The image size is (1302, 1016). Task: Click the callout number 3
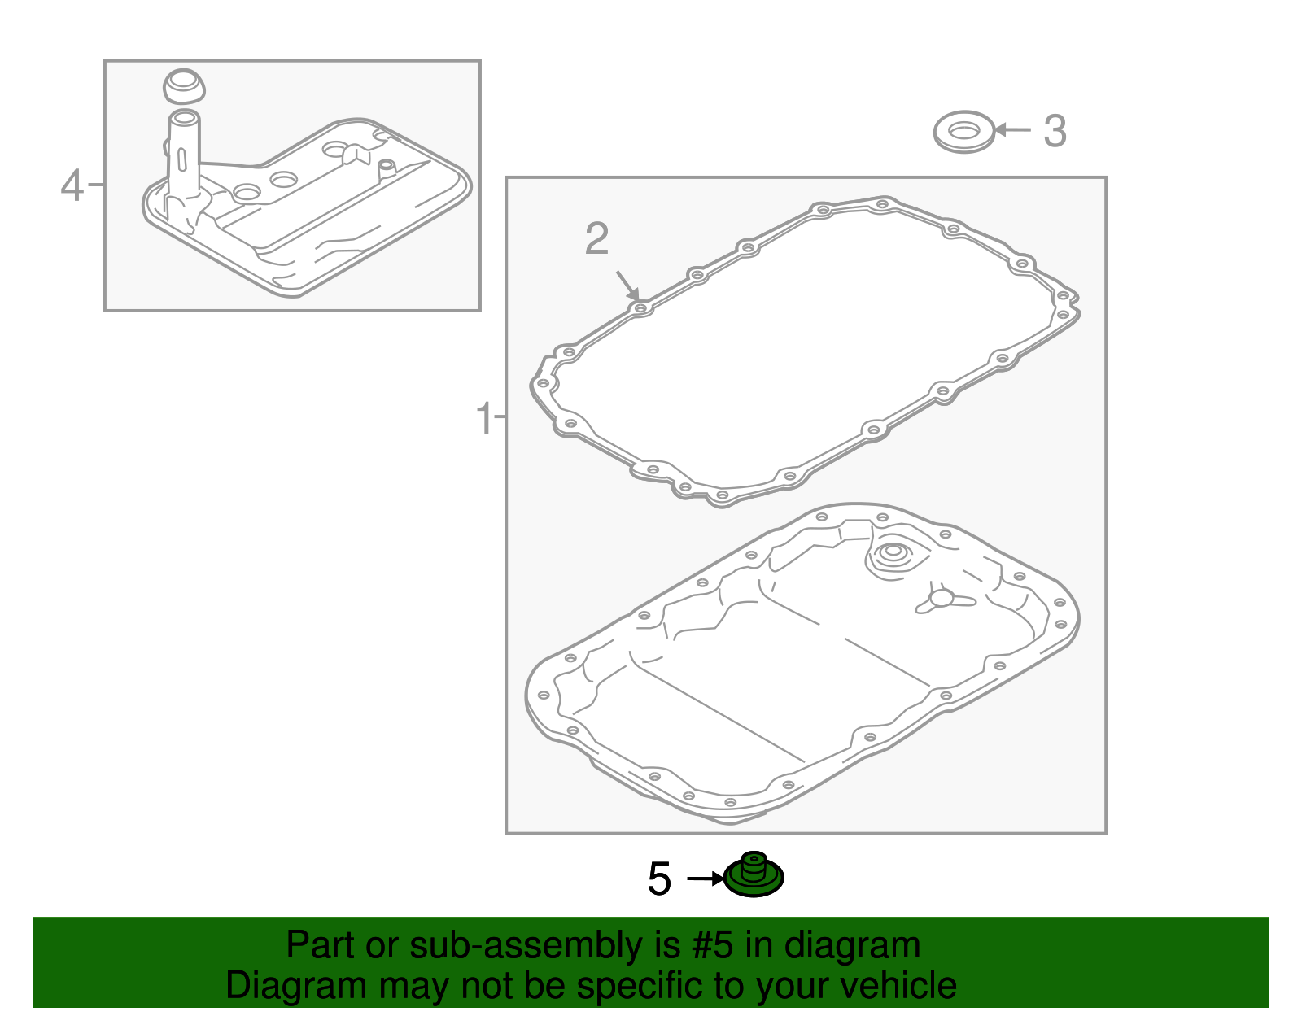[1055, 131]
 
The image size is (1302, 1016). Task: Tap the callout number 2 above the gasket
[596, 238]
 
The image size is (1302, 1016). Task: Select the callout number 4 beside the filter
[72, 185]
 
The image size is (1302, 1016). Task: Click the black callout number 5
[659, 879]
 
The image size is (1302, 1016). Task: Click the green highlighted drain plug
[754, 875]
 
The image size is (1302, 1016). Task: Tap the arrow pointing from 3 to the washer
[1012, 130]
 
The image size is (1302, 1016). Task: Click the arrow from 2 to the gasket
[628, 285]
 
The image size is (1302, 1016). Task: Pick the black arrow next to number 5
[706, 879]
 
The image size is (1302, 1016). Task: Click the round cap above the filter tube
[184, 87]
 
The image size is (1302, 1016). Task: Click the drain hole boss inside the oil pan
[891, 556]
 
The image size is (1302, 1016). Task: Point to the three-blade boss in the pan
[942, 600]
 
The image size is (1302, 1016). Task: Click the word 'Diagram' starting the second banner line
[296, 986]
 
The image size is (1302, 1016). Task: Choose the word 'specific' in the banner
[647, 986]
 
